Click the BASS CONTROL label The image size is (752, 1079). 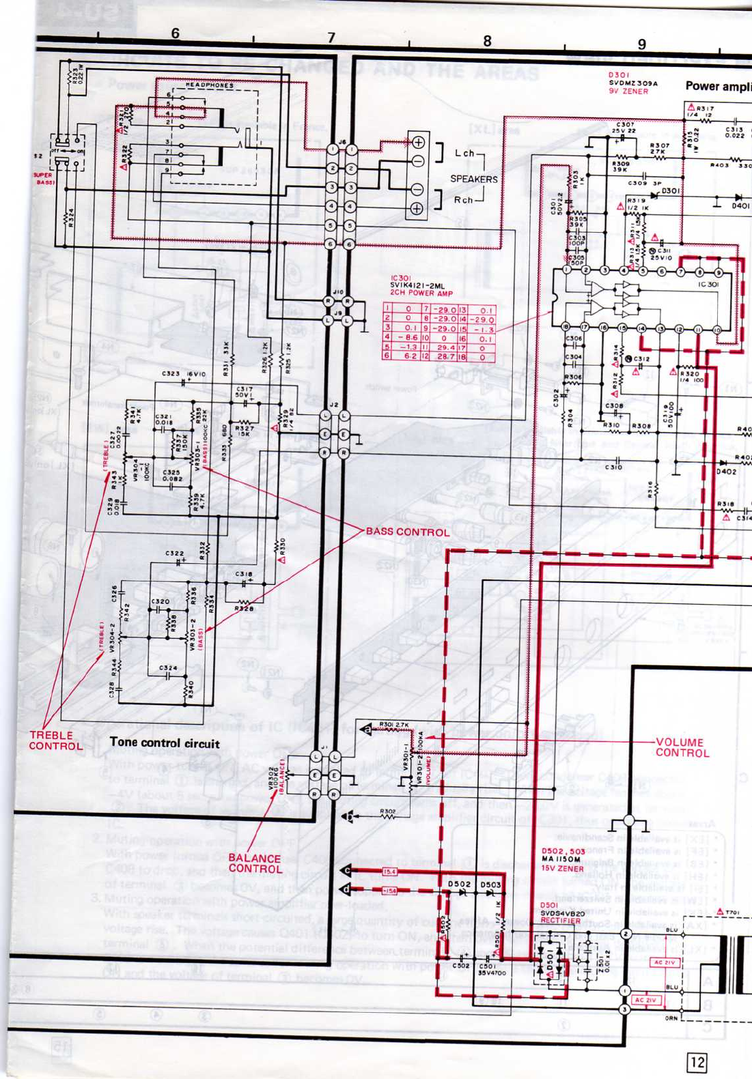point(408,532)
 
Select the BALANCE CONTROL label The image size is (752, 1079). point(255,863)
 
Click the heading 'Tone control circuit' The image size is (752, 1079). point(165,743)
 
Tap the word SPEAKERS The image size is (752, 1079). point(473,179)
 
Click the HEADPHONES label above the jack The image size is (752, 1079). point(210,86)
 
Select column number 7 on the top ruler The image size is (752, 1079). point(331,38)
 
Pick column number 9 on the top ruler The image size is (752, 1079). point(642,44)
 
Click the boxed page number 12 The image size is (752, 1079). point(697,1062)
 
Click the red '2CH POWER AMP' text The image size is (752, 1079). point(421,293)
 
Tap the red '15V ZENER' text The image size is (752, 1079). point(562,868)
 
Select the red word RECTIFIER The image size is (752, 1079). point(560,921)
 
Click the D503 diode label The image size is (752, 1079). point(490,884)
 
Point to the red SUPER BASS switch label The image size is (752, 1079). point(44,179)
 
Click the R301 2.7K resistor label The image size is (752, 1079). point(393,725)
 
